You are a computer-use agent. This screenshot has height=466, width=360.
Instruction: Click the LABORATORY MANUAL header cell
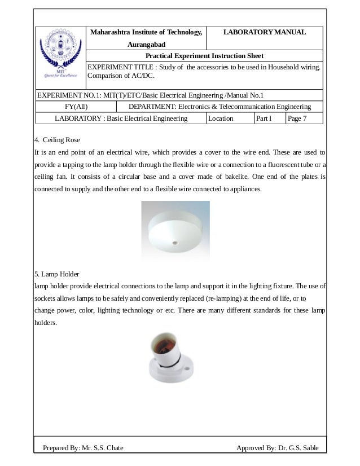265,32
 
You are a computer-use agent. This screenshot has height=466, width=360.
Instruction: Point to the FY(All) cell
76,107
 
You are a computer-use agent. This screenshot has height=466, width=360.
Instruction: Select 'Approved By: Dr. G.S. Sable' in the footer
278,448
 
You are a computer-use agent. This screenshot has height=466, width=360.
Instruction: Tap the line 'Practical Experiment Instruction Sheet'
204,56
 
